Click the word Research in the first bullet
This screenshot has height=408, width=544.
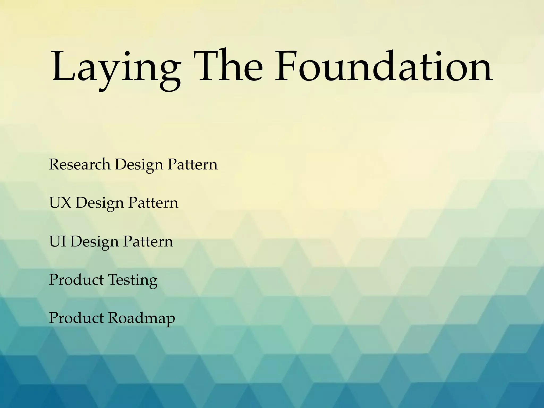(79, 164)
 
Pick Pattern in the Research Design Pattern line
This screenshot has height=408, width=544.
(192, 164)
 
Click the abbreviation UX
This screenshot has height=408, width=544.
(60, 203)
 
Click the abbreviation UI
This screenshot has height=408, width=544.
(57, 241)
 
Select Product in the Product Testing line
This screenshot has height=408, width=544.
(76, 280)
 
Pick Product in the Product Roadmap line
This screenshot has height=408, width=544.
(76, 318)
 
